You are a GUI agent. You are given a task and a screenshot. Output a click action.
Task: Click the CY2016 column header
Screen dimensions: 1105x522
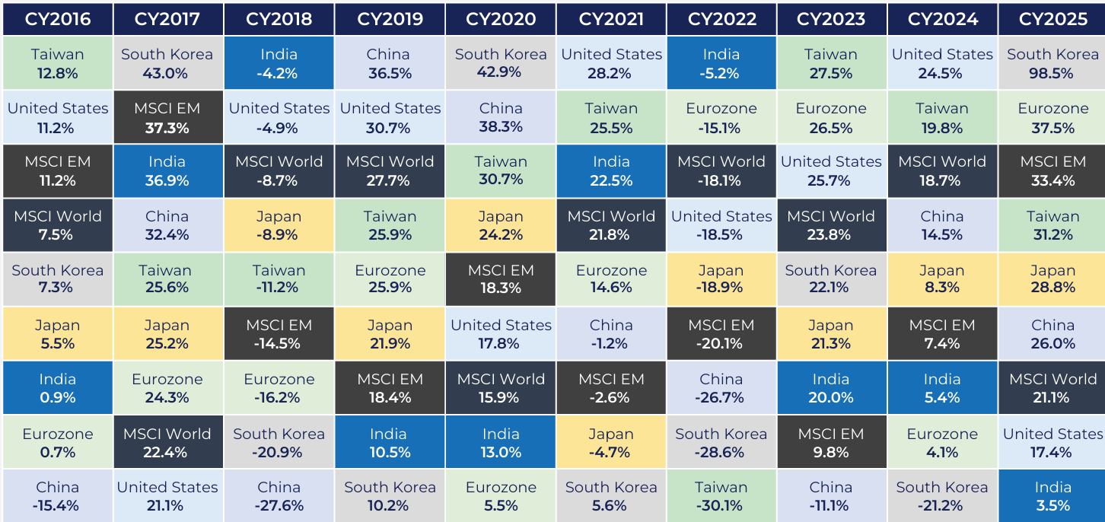(x=58, y=19)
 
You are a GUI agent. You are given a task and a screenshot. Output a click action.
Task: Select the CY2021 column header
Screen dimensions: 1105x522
(x=611, y=19)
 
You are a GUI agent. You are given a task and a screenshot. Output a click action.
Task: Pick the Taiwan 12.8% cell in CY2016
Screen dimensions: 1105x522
(x=58, y=62)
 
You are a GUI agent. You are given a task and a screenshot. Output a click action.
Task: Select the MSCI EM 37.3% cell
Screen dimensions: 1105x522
(x=168, y=117)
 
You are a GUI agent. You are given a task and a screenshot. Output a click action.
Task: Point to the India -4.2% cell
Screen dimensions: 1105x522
(x=279, y=62)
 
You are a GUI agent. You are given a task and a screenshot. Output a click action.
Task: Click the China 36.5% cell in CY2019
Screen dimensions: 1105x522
(x=390, y=62)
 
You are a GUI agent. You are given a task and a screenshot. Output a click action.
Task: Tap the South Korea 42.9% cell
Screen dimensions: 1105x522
(x=501, y=62)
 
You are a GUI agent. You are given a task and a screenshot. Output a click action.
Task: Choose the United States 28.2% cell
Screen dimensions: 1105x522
(x=611, y=62)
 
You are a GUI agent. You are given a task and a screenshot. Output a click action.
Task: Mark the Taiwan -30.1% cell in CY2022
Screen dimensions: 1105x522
(x=721, y=496)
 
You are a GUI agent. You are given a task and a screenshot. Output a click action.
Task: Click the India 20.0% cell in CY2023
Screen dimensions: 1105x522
(x=832, y=387)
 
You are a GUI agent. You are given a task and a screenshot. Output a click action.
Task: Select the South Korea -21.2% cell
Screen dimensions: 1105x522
(x=942, y=496)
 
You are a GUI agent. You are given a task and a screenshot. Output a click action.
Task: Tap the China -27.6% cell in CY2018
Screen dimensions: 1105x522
(x=279, y=496)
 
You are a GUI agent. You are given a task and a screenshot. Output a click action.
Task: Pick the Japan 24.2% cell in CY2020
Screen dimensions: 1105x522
(x=501, y=225)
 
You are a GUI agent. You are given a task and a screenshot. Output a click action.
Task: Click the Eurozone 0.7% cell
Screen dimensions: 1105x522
(x=58, y=441)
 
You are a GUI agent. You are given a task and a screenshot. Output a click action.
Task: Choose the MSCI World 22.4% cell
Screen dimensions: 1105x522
(x=168, y=441)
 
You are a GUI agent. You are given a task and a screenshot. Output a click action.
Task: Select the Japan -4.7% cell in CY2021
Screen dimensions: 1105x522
(x=611, y=441)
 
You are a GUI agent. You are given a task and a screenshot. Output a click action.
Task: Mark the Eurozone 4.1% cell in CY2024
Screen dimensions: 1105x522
(x=942, y=441)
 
